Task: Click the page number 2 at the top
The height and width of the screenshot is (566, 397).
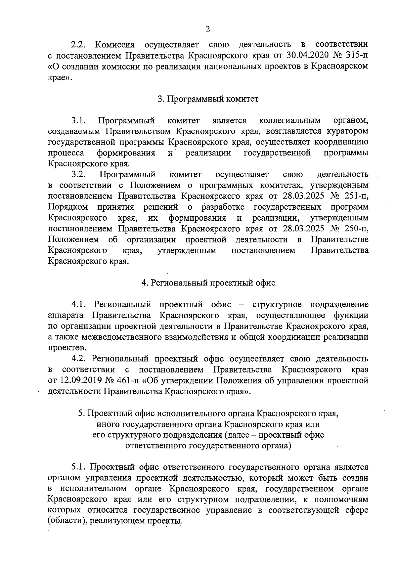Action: tap(208, 29)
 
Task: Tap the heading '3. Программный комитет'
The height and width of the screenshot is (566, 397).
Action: tap(208, 99)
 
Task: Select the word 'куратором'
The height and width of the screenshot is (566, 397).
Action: tap(347, 131)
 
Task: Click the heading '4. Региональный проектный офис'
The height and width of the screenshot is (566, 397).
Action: tap(208, 283)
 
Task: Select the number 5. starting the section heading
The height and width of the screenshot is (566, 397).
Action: tap(81, 414)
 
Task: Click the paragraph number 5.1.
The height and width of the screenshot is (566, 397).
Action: tap(78, 467)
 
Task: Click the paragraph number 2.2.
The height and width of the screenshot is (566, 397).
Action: tap(78, 44)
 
